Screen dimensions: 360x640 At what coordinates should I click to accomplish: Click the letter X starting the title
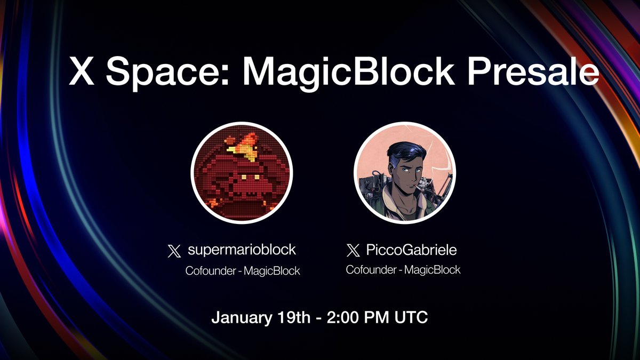[83, 71]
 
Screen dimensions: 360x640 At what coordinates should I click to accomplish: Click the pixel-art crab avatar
[242, 173]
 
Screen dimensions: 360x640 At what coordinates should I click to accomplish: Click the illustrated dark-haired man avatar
[405, 173]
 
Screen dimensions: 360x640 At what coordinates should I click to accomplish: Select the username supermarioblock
[242, 250]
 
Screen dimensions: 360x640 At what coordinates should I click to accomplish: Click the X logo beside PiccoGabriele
[353, 250]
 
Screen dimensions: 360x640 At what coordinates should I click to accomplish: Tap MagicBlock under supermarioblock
[272, 271]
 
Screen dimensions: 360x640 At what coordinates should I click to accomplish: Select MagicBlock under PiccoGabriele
[432, 269]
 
